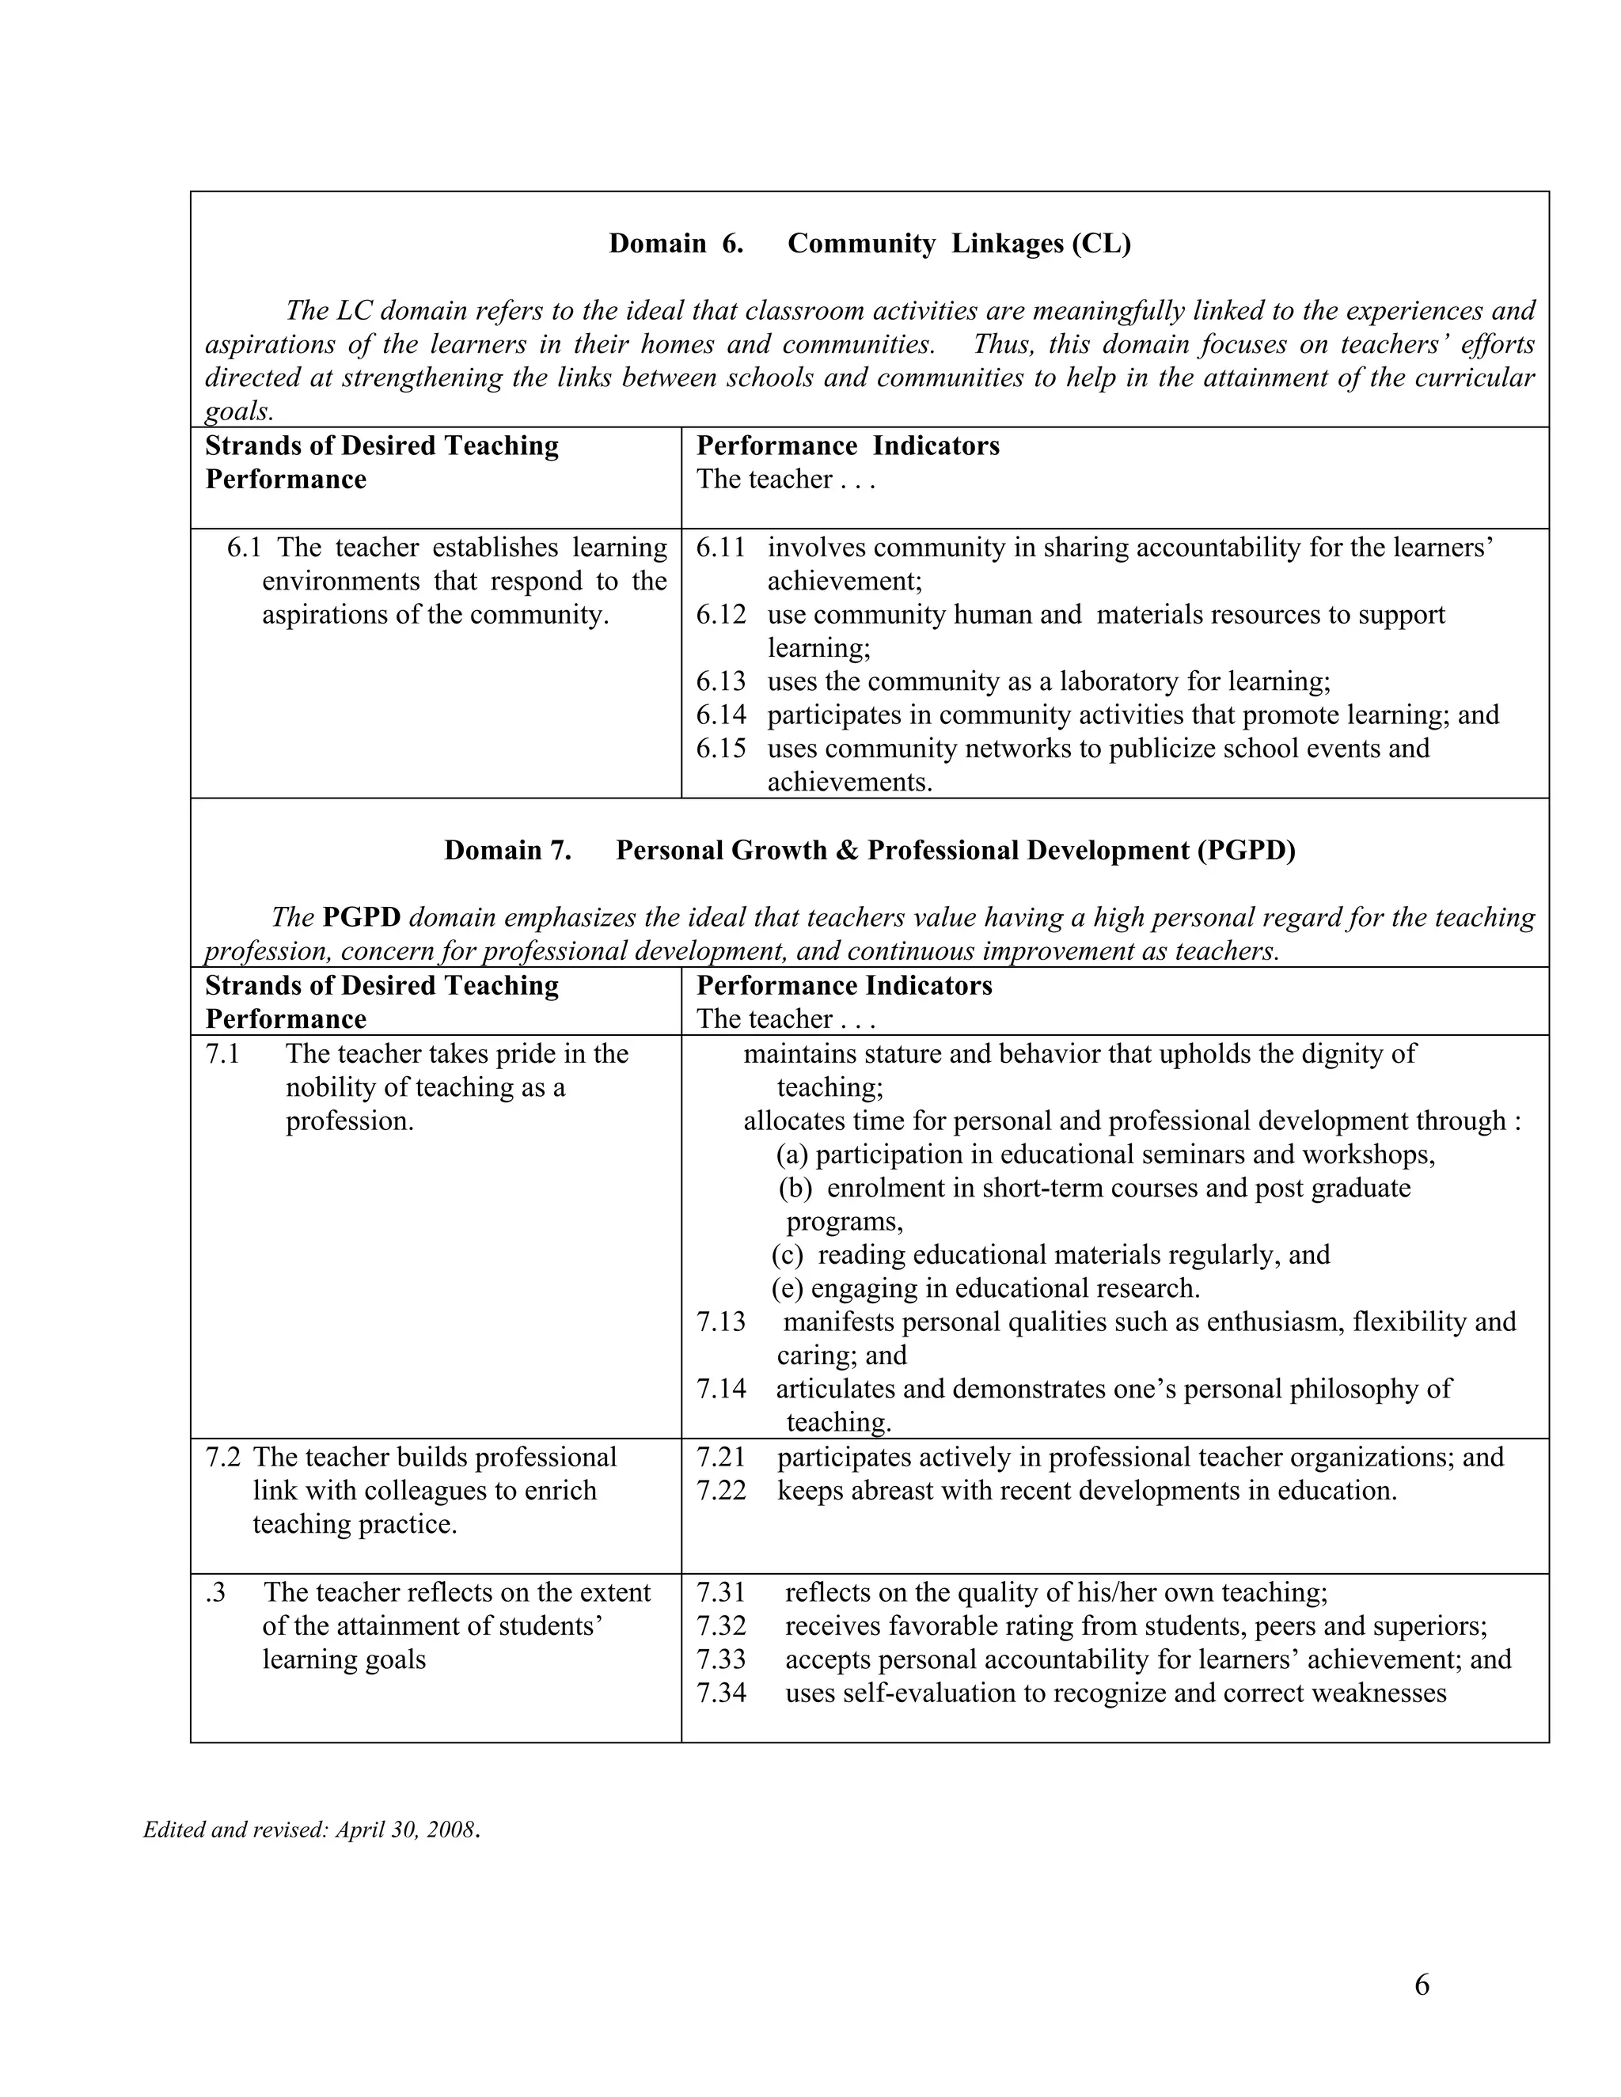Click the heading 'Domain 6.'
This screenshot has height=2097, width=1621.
[x=675, y=244]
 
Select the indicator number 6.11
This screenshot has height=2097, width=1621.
[x=720, y=548]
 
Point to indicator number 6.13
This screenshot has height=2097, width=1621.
[x=720, y=681]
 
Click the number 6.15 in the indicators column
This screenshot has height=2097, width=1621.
[x=720, y=748]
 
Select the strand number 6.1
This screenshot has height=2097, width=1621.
[x=244, y=548]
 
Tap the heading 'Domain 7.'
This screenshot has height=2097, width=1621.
[x=507, y=851]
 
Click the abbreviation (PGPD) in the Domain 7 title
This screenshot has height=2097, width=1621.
[x=1246, y=851]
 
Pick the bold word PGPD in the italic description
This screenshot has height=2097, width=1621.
[x=361, y=917]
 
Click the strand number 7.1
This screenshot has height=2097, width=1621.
[x=222, y=1053]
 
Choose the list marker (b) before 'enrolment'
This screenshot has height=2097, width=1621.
[x=795, y=1188]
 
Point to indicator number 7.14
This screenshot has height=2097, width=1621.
[x=720, y=1389]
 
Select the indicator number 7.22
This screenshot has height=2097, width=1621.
[x=720, y=1490]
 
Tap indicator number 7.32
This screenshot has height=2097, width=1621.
[x=720, y=1625]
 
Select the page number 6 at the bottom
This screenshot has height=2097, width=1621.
[x=1422, y=1985]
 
